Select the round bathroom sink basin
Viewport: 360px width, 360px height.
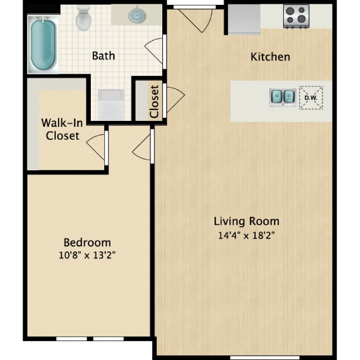coord(138,15)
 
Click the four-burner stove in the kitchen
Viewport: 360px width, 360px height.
coord(296,16)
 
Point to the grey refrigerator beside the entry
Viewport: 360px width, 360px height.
coord(244,19)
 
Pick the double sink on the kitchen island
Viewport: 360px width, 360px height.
coord(282,96)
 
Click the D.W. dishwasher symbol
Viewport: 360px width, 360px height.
coord(311,98)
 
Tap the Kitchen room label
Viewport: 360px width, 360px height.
coord(270,56)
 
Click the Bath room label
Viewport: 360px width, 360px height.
coord(103,55)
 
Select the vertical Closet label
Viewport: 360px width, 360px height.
coord(154,101)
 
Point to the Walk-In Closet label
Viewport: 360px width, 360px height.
coord(62,129)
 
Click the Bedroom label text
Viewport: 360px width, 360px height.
coord(87,242)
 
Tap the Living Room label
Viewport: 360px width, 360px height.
coord(246,221)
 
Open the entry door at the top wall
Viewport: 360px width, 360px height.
coord(196,19)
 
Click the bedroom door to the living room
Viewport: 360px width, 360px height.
coord(142,146)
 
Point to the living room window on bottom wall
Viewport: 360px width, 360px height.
coord(253,357)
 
